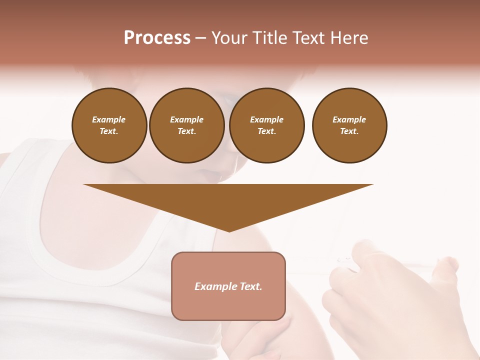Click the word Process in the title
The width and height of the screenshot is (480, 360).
pyautogui.click(x=157, y=38)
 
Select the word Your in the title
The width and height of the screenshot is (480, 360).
pyautogui.click(x=230, y=38)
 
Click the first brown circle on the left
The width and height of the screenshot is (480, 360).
pyautogui.click(x=109, y=125)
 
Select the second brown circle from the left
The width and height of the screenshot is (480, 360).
pyautogui.click(x=186, y=125)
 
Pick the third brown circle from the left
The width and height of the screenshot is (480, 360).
pyautogui.click(x=266, y=125)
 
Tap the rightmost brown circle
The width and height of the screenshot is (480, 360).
pyautogui.click(x=349, y=125)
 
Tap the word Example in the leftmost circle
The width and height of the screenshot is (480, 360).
pyautogui.click(x=109, y=119)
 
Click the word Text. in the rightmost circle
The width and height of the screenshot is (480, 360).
pyautogui.click(x=349, y=131)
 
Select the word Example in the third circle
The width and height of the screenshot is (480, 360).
pyautogui.click(x=266, y=119)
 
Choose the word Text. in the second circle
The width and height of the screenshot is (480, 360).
pyautogui.click(x=186, y=131)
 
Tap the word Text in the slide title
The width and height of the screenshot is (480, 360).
pyautogui.click(x=308, y=38)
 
